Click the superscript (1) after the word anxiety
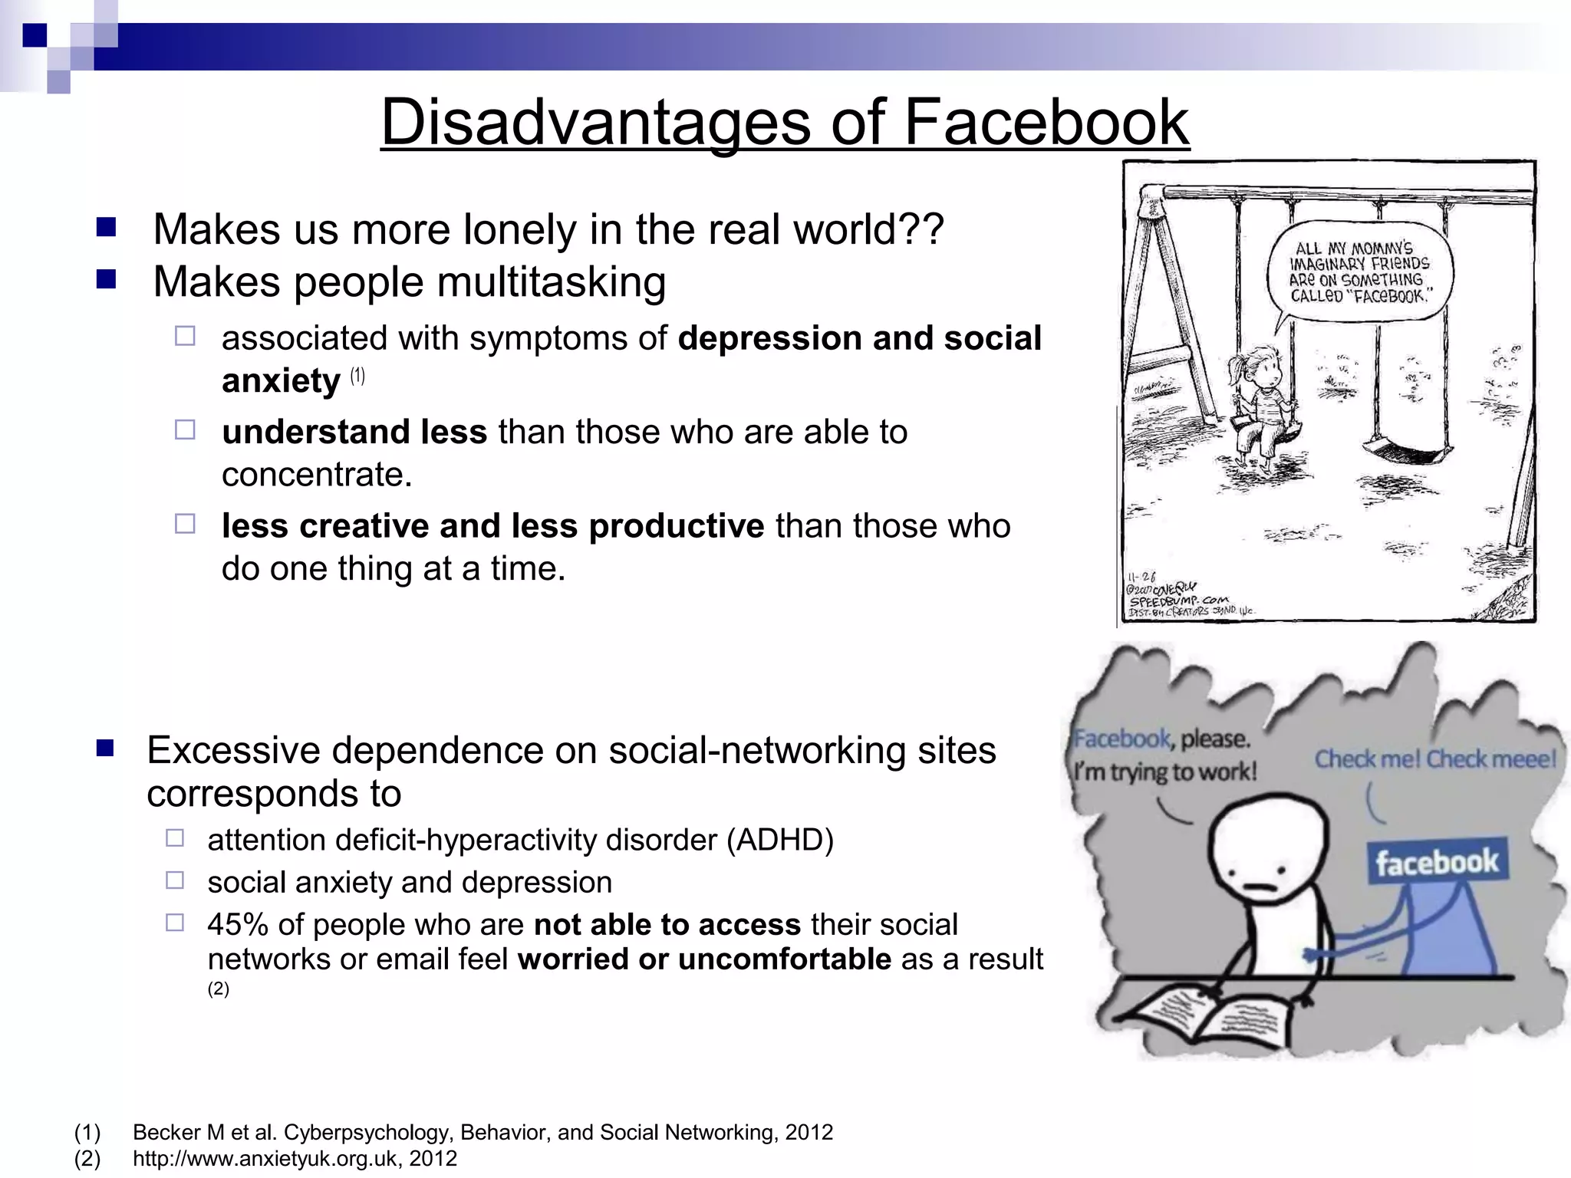pyautogui.click(x=357, y=376)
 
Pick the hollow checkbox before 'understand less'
pyautogui.click(x=185, y=429)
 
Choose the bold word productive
pyautogui.click(x=677, y=526)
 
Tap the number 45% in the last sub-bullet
pyautogui.click(x=237, y=925)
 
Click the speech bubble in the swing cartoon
pyautogui.click(x=1359, y=273)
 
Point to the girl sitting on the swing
pyautogui.click(x=1258, y=406)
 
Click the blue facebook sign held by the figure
pyautogui.click(x=1437, y=863)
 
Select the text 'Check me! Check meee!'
pyautogui.click(x=1435, y=759)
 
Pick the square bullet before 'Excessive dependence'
pyautogui.click(x=105, y=749)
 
